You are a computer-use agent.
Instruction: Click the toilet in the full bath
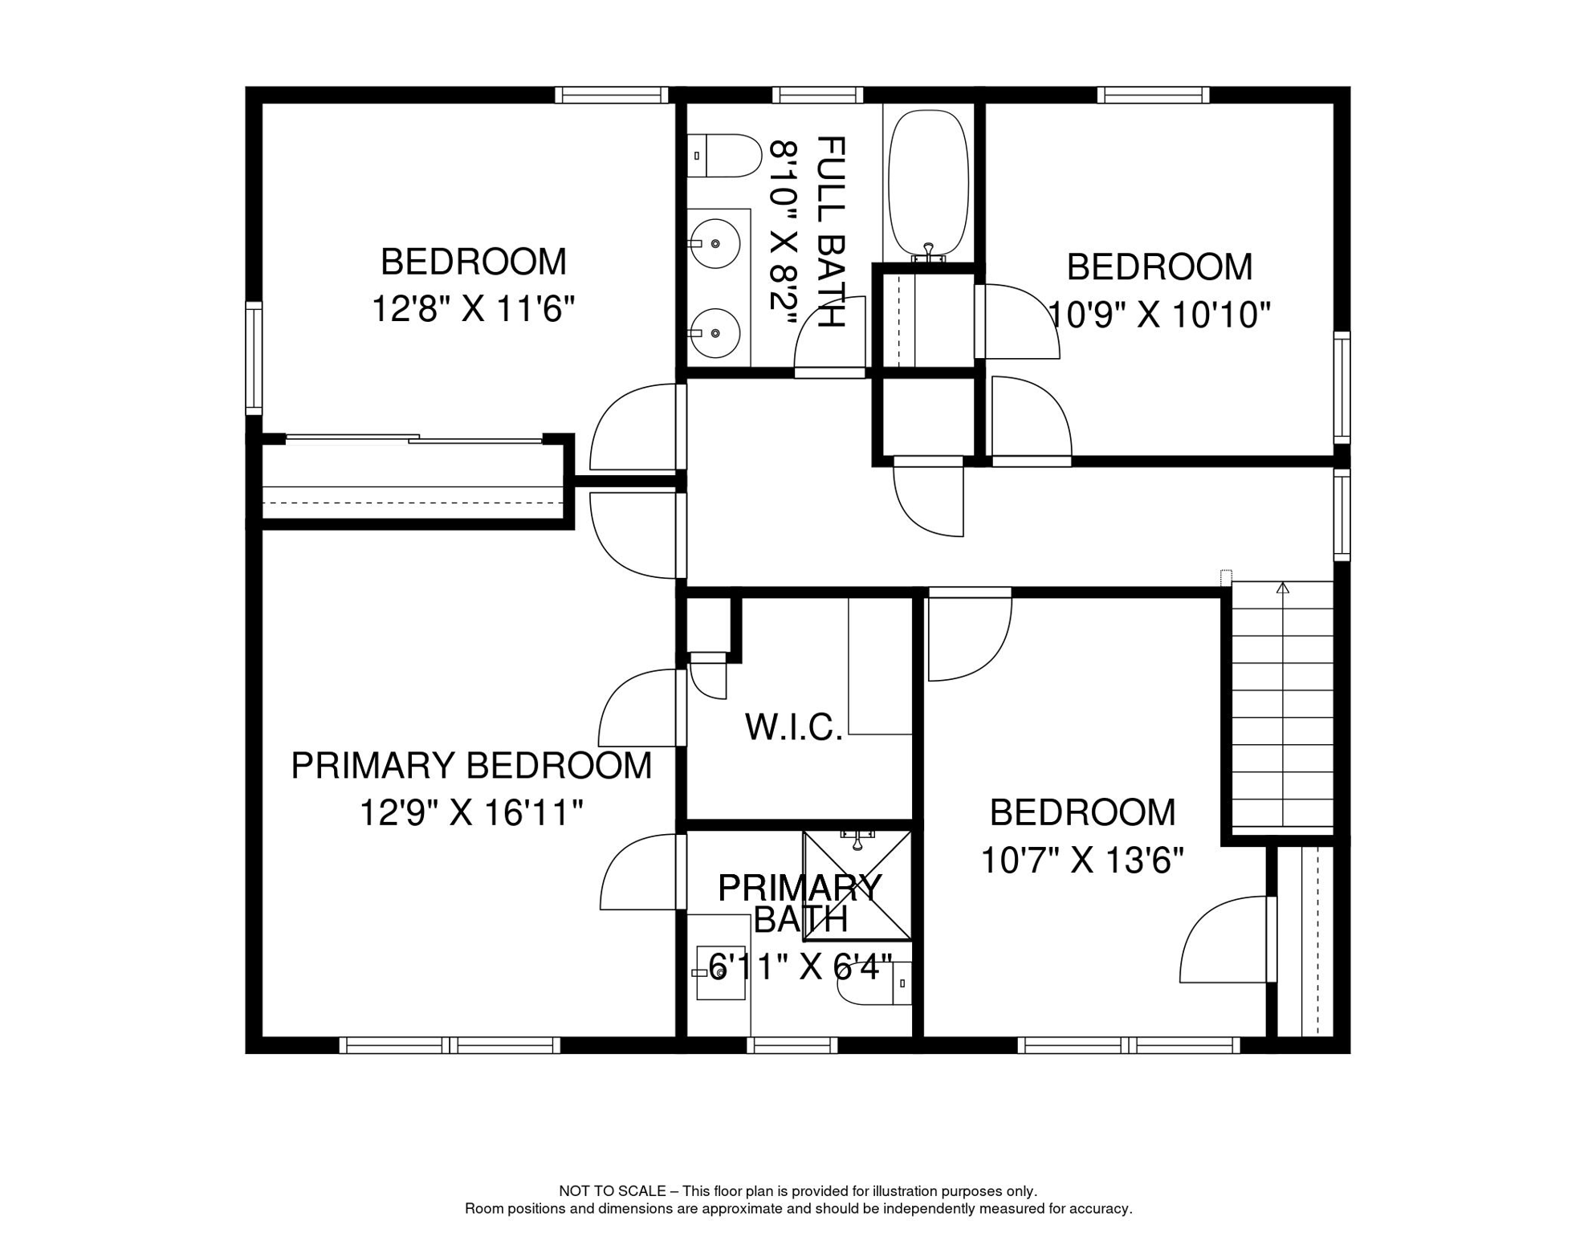tap(723, 156)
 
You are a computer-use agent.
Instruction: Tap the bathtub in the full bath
tap(929, 185)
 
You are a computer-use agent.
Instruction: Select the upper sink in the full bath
tap(714, 243)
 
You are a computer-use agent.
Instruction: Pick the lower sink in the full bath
tap(714, 333)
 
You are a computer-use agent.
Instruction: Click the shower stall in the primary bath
tap(857, 885)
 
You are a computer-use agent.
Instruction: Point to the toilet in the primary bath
tap(874, 983)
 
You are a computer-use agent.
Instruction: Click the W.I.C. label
tap(794, 727)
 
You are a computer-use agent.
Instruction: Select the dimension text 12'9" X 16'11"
tap(470, 812)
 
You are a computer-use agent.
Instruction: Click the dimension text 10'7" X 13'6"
tap(1082, 861)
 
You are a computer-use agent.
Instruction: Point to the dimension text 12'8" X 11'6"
tap(474, 308)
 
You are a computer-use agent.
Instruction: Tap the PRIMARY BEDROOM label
tap(471, 766)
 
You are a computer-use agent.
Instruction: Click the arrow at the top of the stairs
tap(1283, 588)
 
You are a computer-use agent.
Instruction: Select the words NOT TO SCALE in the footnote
tap(613, 1191)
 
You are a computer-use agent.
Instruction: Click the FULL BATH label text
tap(831, 232)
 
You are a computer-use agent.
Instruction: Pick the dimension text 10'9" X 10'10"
tap(1159, 315)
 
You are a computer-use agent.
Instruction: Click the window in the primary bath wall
tap(792, 1044)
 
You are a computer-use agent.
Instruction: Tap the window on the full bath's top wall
tap(818, 96)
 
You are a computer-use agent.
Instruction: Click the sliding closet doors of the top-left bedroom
tap(414, 438)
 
